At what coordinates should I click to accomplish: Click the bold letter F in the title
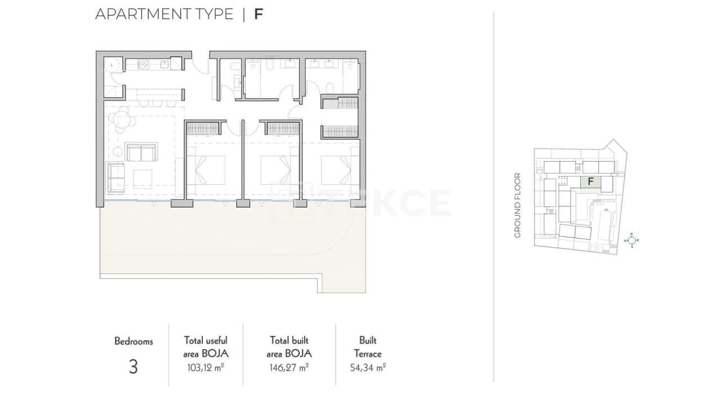coord(259,14)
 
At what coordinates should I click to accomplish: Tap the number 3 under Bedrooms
coord(133,367)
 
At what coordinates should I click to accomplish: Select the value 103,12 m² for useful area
coord(206,368)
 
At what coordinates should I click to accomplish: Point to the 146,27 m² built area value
coord(289,368)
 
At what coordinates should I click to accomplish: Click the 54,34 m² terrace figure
coord(368,368)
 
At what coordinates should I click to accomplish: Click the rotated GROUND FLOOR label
coord(518,205)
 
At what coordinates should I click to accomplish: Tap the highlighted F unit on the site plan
coord(591,182)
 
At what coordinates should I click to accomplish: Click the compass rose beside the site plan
coord(632,240)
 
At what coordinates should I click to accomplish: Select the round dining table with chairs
coord(122,120)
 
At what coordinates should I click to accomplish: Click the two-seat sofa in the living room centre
coord(141,152)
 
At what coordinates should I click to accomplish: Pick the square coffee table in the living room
coord(142,177)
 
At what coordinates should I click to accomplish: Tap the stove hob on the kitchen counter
coord(143,65)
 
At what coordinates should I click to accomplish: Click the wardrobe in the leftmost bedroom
coord(202,129)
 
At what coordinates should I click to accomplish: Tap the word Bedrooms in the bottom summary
coord(133,341)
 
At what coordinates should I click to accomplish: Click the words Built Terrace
coord(368,347)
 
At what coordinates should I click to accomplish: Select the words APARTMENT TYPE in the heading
coord(164,14)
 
